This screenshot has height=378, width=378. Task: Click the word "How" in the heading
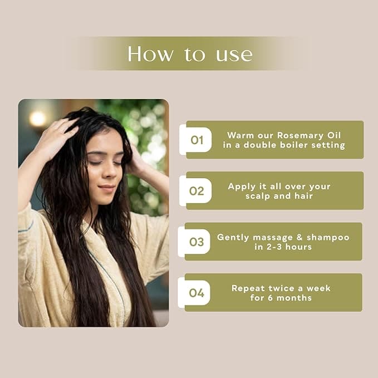pos(150,54)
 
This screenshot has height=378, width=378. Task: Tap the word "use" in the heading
pos(234,55)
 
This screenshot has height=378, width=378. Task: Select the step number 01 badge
pos(195,140)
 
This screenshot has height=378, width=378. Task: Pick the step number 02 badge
pos(195,191)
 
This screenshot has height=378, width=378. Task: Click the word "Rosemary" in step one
pos(300,136)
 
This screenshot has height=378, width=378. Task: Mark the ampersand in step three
pos(300,237)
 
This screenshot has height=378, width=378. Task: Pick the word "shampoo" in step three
pos(328,238)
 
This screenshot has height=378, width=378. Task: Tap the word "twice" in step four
pos(281,288)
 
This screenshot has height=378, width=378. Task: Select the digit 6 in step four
pos(270,298)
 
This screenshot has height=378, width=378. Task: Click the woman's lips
pos(106,187)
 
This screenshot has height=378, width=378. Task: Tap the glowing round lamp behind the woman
pos(38,119)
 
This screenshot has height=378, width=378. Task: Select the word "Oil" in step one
pos(334,135)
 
